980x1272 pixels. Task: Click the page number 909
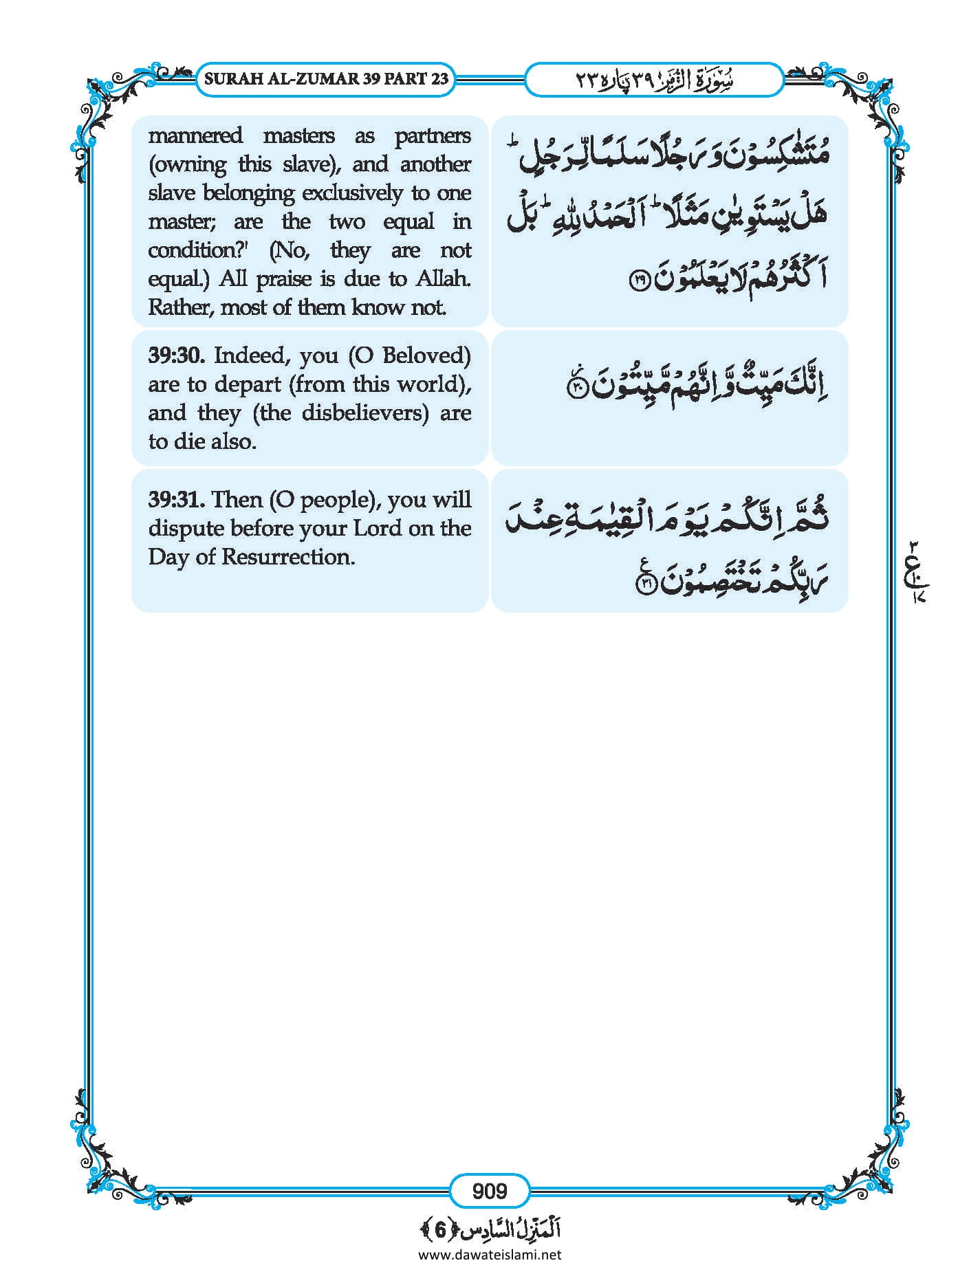(x=489, y=1190)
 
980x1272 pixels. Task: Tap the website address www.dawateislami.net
(x=490, y=1255)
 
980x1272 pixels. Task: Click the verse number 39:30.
(x=177, y=355)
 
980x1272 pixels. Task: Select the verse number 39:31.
(x=176, y=499)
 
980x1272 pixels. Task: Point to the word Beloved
(x=426, y=355)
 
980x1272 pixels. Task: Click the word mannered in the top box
(x=195, y=135)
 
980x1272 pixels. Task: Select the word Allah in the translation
(x=444, y=279)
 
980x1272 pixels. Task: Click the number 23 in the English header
(x=440, y=78)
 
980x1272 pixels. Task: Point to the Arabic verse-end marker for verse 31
(x=646, y=584)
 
